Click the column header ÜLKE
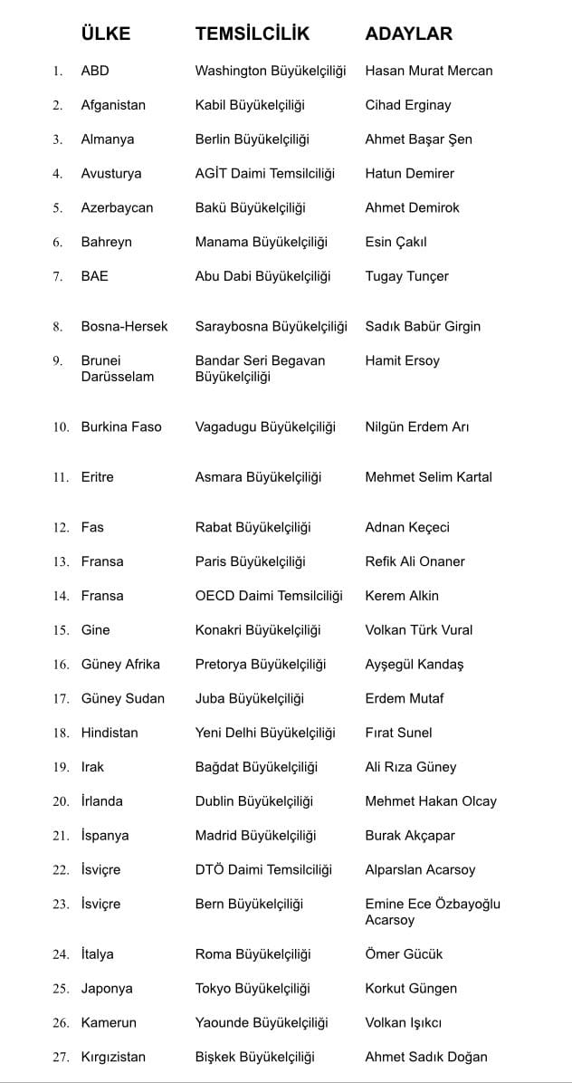click(106, 34)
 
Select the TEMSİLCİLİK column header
click(253, 34)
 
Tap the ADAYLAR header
click(408, 34)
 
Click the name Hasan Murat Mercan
click(428, 71)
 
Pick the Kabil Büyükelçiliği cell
click(250, 105)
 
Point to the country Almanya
click(107, 139)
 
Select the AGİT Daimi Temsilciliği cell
click(265, 173)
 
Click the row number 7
click(58, 276)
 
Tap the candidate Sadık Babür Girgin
click(423, 326)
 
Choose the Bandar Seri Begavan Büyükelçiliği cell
click(260, 369)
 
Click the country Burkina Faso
click(121, 426)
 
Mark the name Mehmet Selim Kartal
click(428, 477)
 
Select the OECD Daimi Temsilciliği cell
click(269, 596)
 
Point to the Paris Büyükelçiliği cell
click(250, 561)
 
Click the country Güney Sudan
click(122, 698)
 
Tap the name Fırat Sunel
click(398, 733)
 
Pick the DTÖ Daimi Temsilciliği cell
click(263, 869)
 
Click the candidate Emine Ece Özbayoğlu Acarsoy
click(432, 912)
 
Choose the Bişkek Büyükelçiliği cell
click(254, 1057)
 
